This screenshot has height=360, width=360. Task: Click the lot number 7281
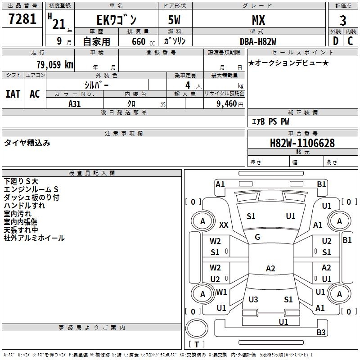click(x=22, y=19)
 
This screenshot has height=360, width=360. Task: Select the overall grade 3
click(x=343, y=21)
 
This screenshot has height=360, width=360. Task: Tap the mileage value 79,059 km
click(x=55, y=64)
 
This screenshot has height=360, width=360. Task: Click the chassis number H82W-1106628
click(x=302, y=143)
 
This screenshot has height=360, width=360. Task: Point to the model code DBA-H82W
click(x=258, y=41)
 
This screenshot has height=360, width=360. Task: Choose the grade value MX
click(x=258, y=20)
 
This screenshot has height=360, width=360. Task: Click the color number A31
click(x=74, y=104)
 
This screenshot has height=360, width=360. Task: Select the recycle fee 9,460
click(x=227, y=104)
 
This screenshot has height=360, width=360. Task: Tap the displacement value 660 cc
click(x=143, y=42)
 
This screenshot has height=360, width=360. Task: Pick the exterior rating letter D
click(x=336, y=41)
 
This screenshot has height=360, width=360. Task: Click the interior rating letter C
click(x=351, y=41)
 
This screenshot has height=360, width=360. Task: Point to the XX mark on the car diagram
click(x=224, y=225)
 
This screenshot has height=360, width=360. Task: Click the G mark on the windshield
click(x=257, y=237)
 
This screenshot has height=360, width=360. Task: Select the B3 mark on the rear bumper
click(x=321, y=332)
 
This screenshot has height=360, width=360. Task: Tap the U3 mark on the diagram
click(x=253, y=299)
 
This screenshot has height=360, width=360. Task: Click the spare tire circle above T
click(x=197, y=328)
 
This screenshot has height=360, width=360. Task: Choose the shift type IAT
click(x=13, y=94)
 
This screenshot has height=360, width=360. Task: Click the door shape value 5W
click(x=174, y=20)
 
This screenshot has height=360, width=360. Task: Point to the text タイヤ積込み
click(x=27, y=143)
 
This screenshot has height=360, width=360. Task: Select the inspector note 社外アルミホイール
click(x=34, y=238)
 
